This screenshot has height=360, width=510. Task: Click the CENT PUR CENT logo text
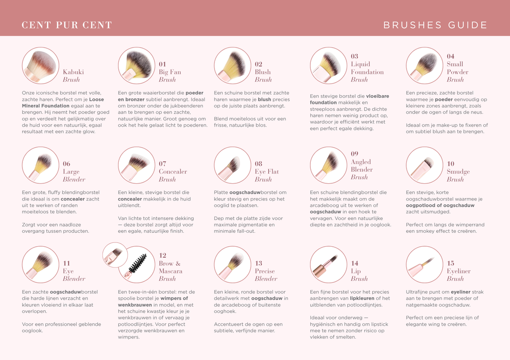point(67,25)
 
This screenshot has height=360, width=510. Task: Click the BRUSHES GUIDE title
point(435,25)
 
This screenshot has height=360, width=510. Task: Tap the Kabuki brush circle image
point(41,66)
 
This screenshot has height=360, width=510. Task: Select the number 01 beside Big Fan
point(163,64)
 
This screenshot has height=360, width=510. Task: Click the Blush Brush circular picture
point(232,66)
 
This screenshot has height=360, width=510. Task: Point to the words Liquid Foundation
point(367,68)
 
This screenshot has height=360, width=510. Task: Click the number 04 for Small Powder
point(450,56)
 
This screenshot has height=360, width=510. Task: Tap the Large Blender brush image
point(41,165)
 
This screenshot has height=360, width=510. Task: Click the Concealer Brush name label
point(173,175)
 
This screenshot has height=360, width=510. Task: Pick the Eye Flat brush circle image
point(232,165)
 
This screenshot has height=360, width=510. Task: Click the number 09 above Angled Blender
point(354,154)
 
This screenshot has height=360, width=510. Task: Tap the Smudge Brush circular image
point(424,165)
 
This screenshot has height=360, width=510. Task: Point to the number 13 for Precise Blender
point(258,263)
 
